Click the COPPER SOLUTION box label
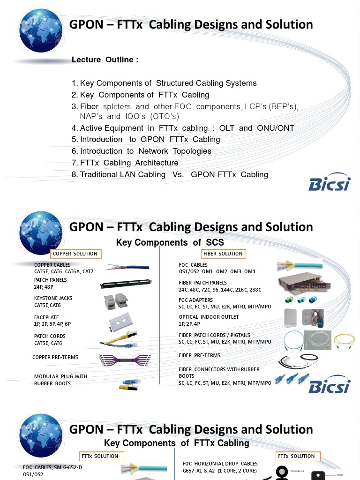pos(75,254)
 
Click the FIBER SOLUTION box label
pos(223,254)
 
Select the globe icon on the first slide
pos(41,30)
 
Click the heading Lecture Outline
pos(105,60)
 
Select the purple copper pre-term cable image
pos(124,360)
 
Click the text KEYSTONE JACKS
pos(53,298)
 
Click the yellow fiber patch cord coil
pos(344,341)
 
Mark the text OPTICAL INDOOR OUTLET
pos(209,317)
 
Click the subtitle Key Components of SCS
pos(170,242)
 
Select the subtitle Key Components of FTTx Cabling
pos(176,443)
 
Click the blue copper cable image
pos(127,267)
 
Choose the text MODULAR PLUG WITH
pos(60,376)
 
